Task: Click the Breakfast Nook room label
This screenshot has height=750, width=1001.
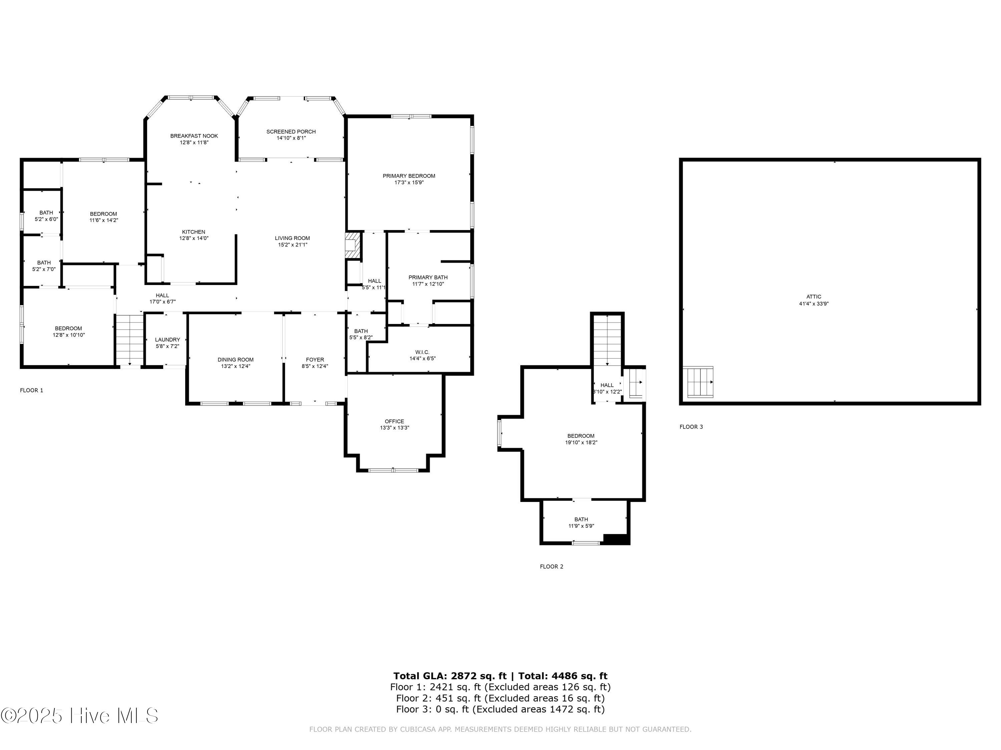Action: pos(194,136)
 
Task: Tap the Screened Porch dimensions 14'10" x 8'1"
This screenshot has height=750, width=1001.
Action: pos(291,138)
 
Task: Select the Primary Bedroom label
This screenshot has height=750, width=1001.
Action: pos(409,176)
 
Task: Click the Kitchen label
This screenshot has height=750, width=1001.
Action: pos(194,232)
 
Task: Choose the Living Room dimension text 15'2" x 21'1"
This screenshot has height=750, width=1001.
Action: pos(292,245)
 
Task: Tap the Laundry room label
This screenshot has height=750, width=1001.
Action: pos(168,340)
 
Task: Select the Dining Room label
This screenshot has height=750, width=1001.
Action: pos(236,360)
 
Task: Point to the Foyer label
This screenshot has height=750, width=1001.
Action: pos(315,360)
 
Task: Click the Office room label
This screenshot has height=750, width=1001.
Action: pos(395,421)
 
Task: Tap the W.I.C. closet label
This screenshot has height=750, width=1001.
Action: pos(422,352)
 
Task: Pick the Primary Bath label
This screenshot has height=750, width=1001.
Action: pos(428,278)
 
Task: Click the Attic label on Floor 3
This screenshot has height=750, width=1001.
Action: pos(814,297)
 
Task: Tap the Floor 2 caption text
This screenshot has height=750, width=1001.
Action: pos(552,566)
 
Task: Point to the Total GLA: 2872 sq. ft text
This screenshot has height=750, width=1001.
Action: pos(450,676)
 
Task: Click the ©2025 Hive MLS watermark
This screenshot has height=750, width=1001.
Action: pos(80,716)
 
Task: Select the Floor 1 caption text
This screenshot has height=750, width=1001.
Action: pos(32,390)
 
